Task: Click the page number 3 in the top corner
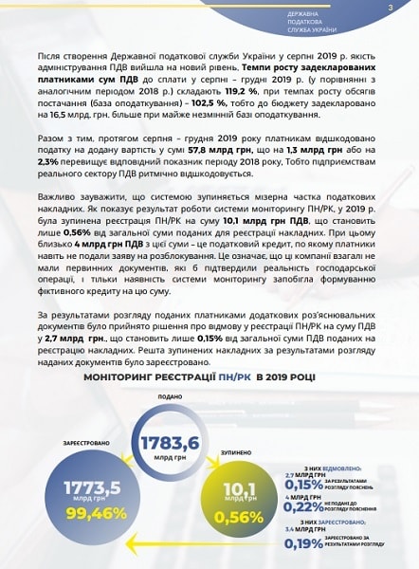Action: [x=390, y=9]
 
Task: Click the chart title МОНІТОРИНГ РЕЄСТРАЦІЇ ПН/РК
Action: [x=209, y=376]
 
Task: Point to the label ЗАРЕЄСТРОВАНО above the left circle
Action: [x=92, y=444]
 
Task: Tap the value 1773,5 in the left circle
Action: [x=91, y=488]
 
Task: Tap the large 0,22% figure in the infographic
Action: [x=303, y=506]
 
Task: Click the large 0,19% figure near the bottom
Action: [x=303, y=543]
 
